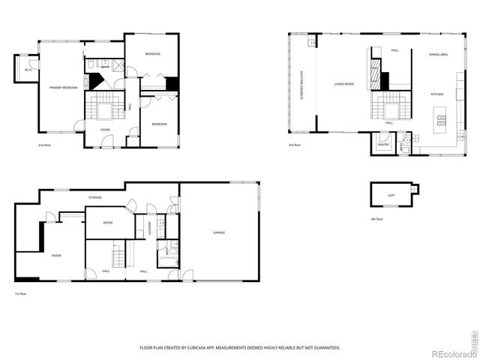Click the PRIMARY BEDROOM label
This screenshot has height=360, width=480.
[x=64, y=88]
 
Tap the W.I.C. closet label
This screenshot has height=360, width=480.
[x=27, y=70]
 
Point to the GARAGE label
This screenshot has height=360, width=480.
[x=219, y=232]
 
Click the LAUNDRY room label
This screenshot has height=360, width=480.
[x=150, y=227]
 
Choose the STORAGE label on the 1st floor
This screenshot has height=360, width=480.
[x=94, y=198]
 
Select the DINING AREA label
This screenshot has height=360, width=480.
[x=439, y=55]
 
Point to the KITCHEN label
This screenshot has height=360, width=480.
[x=438, y=94]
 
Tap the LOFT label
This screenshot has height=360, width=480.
[x=391, y=195]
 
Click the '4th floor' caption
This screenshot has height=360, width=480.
[x=376, y=219]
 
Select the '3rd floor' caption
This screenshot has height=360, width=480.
[x=295, y=145]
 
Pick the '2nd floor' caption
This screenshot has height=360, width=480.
[x=45, y=145]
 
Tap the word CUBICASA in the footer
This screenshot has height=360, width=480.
[x=202, y=348]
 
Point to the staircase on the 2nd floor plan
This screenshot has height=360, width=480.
[x=101, y=107]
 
